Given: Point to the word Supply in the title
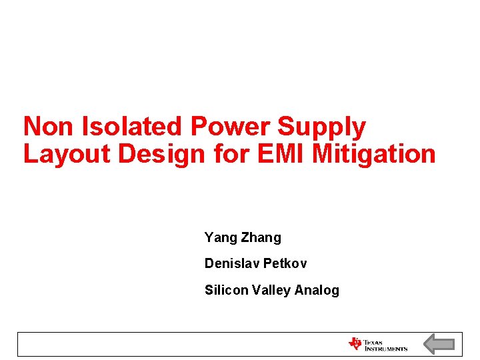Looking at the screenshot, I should pos(322,127).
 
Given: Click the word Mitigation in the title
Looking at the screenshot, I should pos(374,154).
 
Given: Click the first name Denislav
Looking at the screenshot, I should pos(231,263).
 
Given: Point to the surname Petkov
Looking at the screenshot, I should pos(285,263).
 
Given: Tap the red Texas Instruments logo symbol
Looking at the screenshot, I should pos(355,344).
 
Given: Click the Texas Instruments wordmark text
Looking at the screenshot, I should pos(385,345).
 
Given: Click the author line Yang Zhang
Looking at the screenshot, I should pos(243,237).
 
